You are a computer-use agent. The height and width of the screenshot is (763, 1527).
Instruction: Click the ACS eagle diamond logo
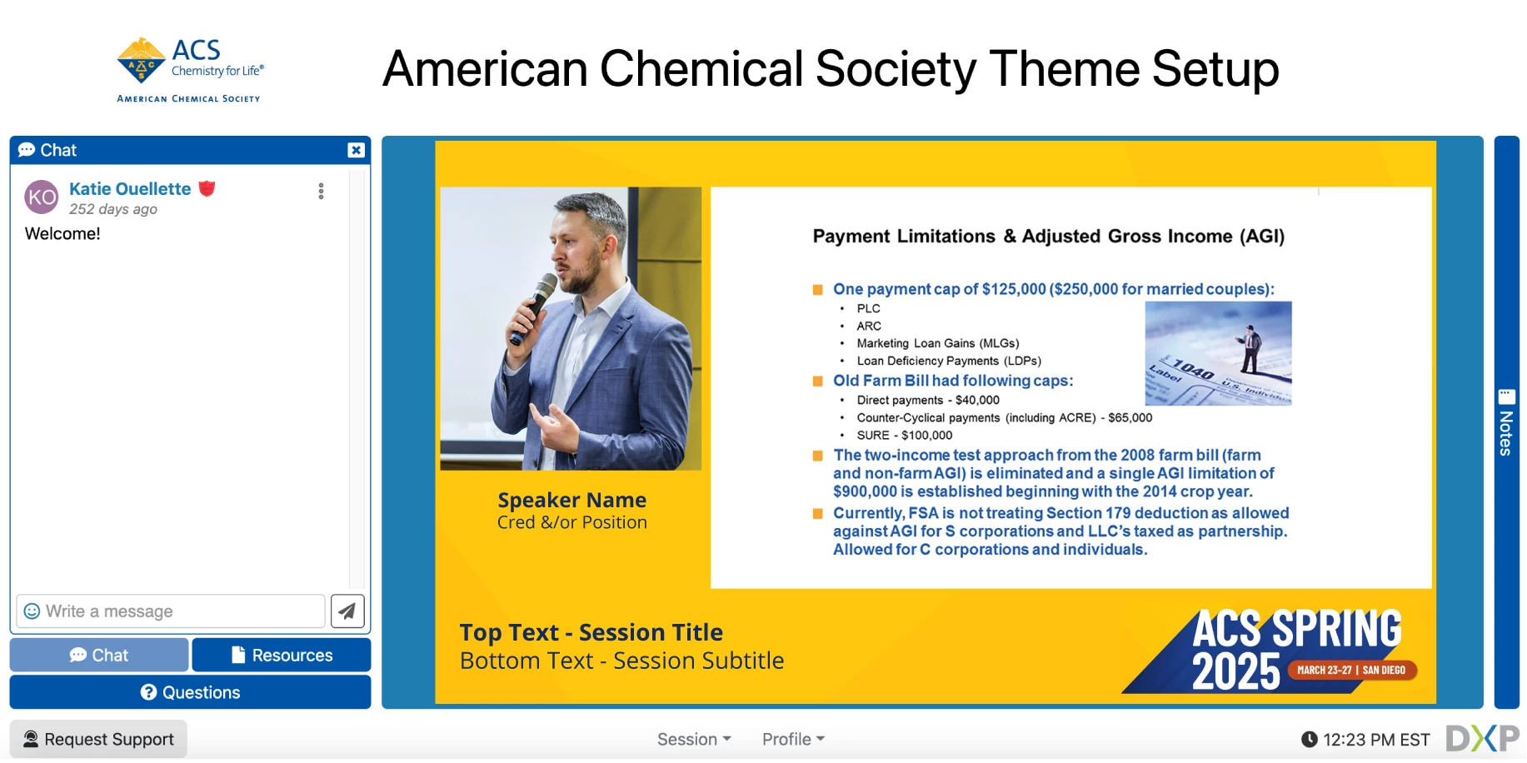[x=141, y=60]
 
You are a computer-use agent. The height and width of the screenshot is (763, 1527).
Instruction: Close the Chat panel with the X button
[x=356, y=150]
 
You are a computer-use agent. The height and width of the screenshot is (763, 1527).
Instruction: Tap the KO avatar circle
[x=42, y=197]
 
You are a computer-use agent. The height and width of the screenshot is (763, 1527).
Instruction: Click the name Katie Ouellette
[x=130, y=189]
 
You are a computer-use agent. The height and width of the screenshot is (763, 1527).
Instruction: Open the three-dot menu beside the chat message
[x=321, y=192]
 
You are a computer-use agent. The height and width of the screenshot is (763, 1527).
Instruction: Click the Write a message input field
[x=175, y=611]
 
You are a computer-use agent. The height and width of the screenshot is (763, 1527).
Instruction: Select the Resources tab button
[x=282, y=656]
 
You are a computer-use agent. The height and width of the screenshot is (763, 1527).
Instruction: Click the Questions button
[x=190, y=692]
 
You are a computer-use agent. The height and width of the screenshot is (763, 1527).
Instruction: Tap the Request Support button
[x=98, y=739]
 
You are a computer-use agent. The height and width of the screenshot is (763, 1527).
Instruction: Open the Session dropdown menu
[x=693, y=739]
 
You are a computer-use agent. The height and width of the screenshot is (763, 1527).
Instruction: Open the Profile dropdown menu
[x=792, y=739]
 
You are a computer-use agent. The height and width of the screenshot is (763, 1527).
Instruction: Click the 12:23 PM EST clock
[x=1366, y=740]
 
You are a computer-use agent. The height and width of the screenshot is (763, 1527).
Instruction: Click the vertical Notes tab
[x=1506, y=422]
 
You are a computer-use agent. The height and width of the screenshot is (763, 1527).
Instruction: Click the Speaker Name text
[x=571, y=500]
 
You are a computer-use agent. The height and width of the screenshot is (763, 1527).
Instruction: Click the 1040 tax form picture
[x=1218, y=353]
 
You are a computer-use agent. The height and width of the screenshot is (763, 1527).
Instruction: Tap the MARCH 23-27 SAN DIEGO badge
[x=1350, y=670]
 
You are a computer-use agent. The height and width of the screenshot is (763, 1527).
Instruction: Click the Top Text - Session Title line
[x=591, y=633]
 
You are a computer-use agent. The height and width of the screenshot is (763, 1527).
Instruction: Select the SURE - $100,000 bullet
[x=904, y=436]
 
